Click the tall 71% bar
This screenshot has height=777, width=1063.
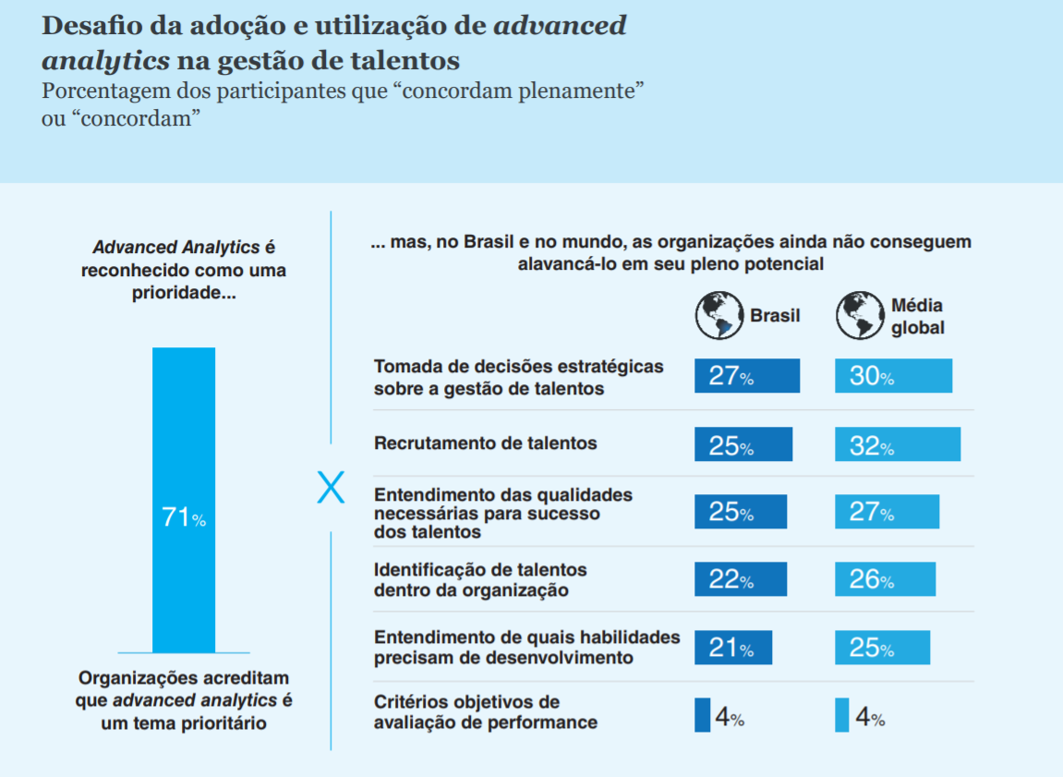[183, 499]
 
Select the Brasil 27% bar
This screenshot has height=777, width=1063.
[746, 376]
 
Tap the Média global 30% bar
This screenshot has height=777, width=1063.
[893, 376]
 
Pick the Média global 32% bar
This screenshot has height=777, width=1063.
[897, 444]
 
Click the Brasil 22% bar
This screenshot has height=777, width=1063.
[740, 579]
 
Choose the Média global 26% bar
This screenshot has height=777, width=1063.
[885, 579]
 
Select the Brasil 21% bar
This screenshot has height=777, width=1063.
[732, 648]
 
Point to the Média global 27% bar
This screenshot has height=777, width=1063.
[887, 512]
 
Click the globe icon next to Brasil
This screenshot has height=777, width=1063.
[719, 315]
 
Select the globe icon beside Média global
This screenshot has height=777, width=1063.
[860, 315]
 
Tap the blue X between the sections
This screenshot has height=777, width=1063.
[331, 488]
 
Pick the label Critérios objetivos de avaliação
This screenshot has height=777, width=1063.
[485, 712]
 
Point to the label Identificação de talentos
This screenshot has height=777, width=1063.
[480, 579]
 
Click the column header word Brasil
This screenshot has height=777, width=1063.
[774, 316]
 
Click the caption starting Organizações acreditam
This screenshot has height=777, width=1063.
[183, 700]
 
